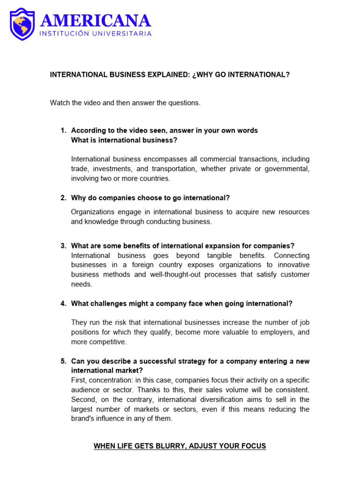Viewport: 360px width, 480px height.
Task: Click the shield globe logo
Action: (22, 24)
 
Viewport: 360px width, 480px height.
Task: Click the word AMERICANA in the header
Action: (96, 21)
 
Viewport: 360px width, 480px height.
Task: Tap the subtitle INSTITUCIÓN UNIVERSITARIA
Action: (95, 34)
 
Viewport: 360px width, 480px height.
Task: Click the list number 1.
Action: (63, 130)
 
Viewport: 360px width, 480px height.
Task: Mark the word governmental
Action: (287, 169)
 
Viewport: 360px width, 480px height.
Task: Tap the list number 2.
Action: (63, 198)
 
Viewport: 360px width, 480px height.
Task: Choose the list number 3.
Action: (63, 246)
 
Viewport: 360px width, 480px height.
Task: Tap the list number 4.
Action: (63, 303)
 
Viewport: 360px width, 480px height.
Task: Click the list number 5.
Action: (63, 361)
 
